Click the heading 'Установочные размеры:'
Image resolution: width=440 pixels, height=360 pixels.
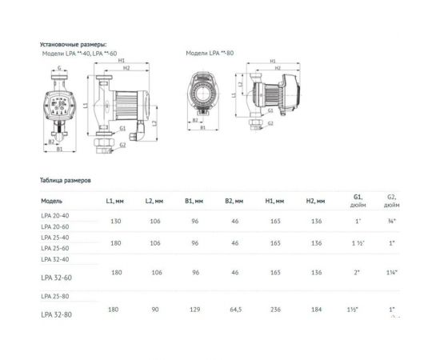click(x=72, y=45)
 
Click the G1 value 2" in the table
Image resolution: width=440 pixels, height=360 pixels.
click(x=357, y=273)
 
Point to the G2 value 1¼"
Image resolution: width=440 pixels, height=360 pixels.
click(x=392, y=273)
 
